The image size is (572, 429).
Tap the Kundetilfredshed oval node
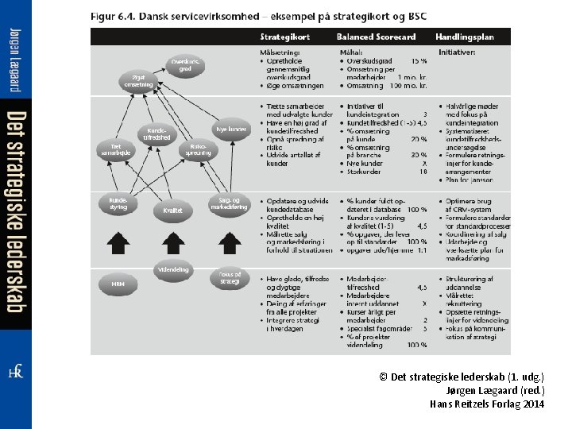(157, 134)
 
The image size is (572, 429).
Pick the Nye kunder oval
(231, 129)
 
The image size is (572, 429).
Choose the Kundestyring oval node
(118, 204)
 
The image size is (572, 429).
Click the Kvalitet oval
(173, 211)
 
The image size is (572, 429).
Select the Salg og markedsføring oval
(229, 204)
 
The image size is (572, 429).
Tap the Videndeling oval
(173, 269)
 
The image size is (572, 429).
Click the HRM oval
(118, 283)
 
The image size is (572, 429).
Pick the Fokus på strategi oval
(229, 278)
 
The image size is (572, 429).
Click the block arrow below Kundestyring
(118, 242)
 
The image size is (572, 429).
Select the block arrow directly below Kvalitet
(173, 242)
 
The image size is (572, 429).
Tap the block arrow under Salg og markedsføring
(229, 242)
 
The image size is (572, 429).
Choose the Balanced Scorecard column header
(376, 37)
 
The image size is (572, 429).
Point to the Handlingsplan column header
(464, 37)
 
